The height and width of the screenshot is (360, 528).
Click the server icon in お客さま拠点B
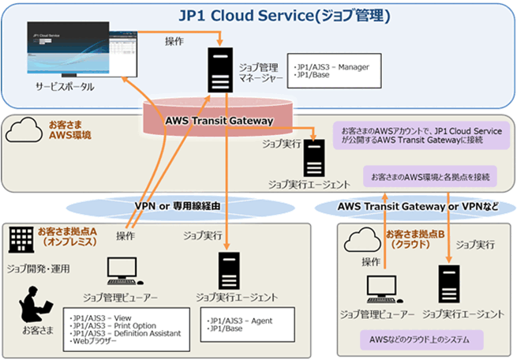449,285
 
